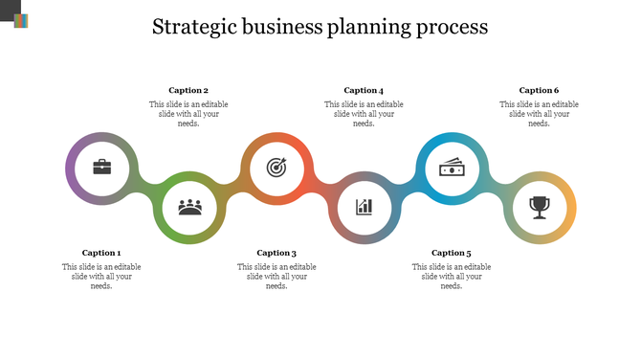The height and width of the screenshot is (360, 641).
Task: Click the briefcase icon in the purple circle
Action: [x=101, y=168]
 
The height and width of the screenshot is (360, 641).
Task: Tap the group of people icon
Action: [x=189, y=206]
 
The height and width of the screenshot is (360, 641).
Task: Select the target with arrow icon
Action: [x=276, y=168]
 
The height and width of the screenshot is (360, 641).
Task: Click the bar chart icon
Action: [x=365, y=206]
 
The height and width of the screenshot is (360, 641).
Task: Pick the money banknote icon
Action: [x=452, y=169]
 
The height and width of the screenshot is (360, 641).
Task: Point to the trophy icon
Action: [x=540, y=206]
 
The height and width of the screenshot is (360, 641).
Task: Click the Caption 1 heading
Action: [x=101, y=253]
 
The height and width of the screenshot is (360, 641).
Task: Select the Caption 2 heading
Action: [x=188, y=91]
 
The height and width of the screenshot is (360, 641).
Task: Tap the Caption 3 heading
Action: [x=276, y=253]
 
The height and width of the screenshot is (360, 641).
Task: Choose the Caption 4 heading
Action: [x=364, y=91]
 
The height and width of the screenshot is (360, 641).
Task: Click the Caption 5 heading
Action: [x=452, y=253]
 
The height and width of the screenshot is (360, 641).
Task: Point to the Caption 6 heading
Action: [x=539, y=91]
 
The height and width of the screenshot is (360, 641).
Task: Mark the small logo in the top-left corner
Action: [x=21, y=20]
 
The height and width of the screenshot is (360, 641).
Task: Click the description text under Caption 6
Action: [x=539, y=114]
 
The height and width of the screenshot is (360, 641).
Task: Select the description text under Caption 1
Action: [x=101, y=276]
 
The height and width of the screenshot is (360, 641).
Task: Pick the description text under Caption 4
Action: [x=364, y=114]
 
